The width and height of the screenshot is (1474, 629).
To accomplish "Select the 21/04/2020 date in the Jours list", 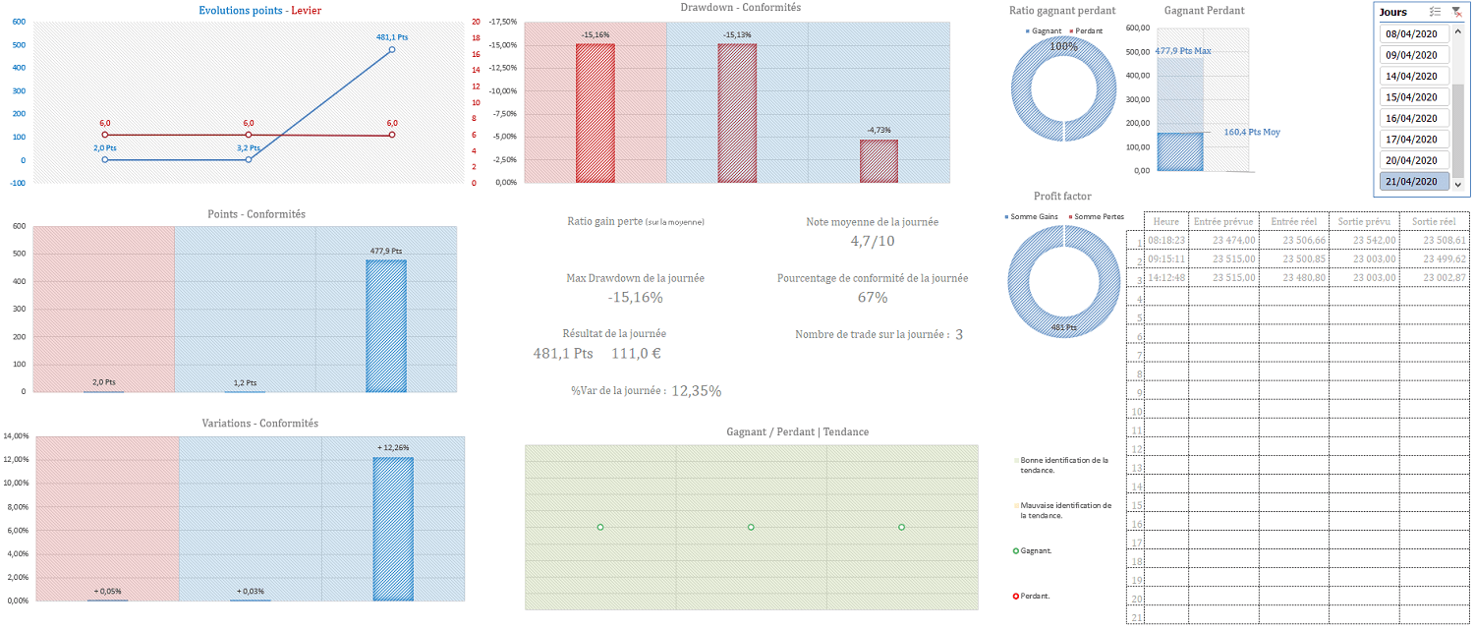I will click(1411, 182).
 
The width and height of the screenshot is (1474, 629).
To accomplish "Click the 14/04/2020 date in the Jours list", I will click(1411, 76).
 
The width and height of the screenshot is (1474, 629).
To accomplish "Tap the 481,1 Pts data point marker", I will click(392, 49).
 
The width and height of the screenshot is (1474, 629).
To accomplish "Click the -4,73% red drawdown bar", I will click(879, 161).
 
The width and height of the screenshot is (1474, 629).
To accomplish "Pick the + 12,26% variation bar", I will click(393, 529).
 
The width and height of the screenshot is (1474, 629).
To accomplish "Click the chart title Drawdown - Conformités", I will click(740, 8).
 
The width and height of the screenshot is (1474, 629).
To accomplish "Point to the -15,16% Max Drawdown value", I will click(635, 298).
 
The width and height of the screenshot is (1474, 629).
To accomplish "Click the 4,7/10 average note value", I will click(872, 241).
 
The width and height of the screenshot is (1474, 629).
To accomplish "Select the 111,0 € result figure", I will click(638, 353).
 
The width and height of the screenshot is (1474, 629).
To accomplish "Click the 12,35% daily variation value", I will click(696, 391).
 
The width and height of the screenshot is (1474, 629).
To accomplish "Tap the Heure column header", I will click(1166, 222).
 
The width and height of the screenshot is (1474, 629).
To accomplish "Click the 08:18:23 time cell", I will click(1166, 240).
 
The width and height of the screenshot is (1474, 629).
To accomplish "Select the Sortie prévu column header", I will click(1363, 222).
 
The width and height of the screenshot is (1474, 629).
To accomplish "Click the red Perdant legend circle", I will click(1016, 596).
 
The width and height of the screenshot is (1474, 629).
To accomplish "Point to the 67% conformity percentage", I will click(872, 298).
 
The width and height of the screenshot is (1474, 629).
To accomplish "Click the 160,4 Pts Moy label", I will click(1252, 132).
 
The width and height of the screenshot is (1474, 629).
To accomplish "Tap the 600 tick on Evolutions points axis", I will click(20, 45).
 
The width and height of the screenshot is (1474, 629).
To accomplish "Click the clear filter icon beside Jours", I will click(1456, 12).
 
